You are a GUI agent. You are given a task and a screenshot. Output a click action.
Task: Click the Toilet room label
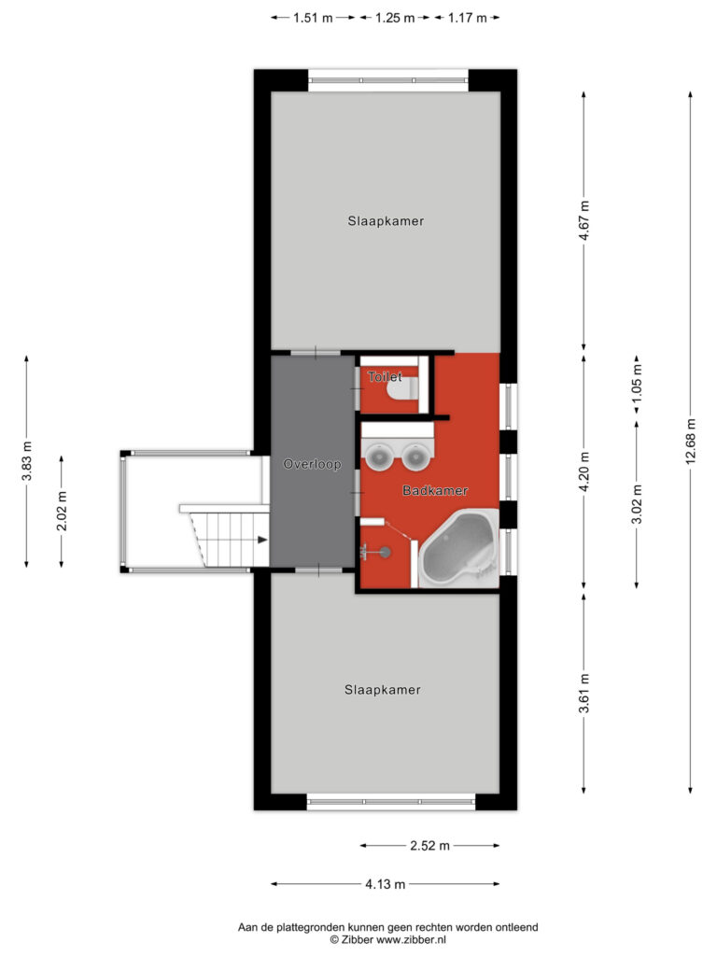385,377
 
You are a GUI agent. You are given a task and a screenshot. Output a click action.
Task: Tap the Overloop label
312,464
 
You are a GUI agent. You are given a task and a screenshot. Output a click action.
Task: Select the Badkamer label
435,490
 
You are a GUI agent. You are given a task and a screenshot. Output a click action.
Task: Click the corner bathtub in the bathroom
459,548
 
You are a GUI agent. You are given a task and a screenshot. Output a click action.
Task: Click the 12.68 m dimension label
690,442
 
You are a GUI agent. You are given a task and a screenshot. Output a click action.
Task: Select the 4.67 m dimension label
584,220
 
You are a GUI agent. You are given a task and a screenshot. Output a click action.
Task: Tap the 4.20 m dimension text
584,471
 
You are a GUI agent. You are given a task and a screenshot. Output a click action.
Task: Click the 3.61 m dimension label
584,694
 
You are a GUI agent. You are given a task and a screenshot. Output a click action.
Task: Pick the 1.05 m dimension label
637,383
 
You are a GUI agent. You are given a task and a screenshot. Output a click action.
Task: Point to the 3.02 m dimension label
637,503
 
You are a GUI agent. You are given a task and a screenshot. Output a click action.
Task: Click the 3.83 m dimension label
26,460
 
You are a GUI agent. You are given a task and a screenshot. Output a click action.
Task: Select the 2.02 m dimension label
62,511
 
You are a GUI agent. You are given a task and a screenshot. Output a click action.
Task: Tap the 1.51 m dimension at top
313,18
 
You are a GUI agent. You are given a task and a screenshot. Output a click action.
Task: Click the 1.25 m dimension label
395,18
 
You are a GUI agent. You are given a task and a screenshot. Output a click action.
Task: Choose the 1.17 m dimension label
467,18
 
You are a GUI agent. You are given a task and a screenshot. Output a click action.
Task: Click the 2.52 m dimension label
429,845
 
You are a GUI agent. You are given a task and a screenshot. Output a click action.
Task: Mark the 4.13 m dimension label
386,883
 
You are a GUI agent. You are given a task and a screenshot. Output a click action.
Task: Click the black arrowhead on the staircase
262,540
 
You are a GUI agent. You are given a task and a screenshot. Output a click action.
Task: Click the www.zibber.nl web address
411,939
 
